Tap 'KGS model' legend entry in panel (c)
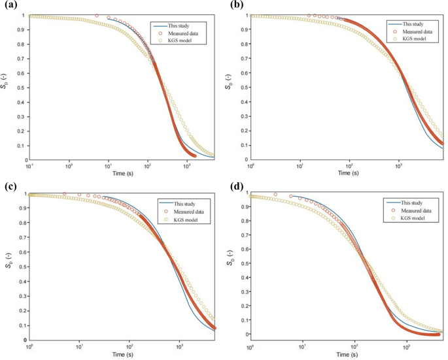pos(180,220)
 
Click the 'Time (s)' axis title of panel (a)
pos(122,173)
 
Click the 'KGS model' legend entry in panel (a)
pos(175,40)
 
